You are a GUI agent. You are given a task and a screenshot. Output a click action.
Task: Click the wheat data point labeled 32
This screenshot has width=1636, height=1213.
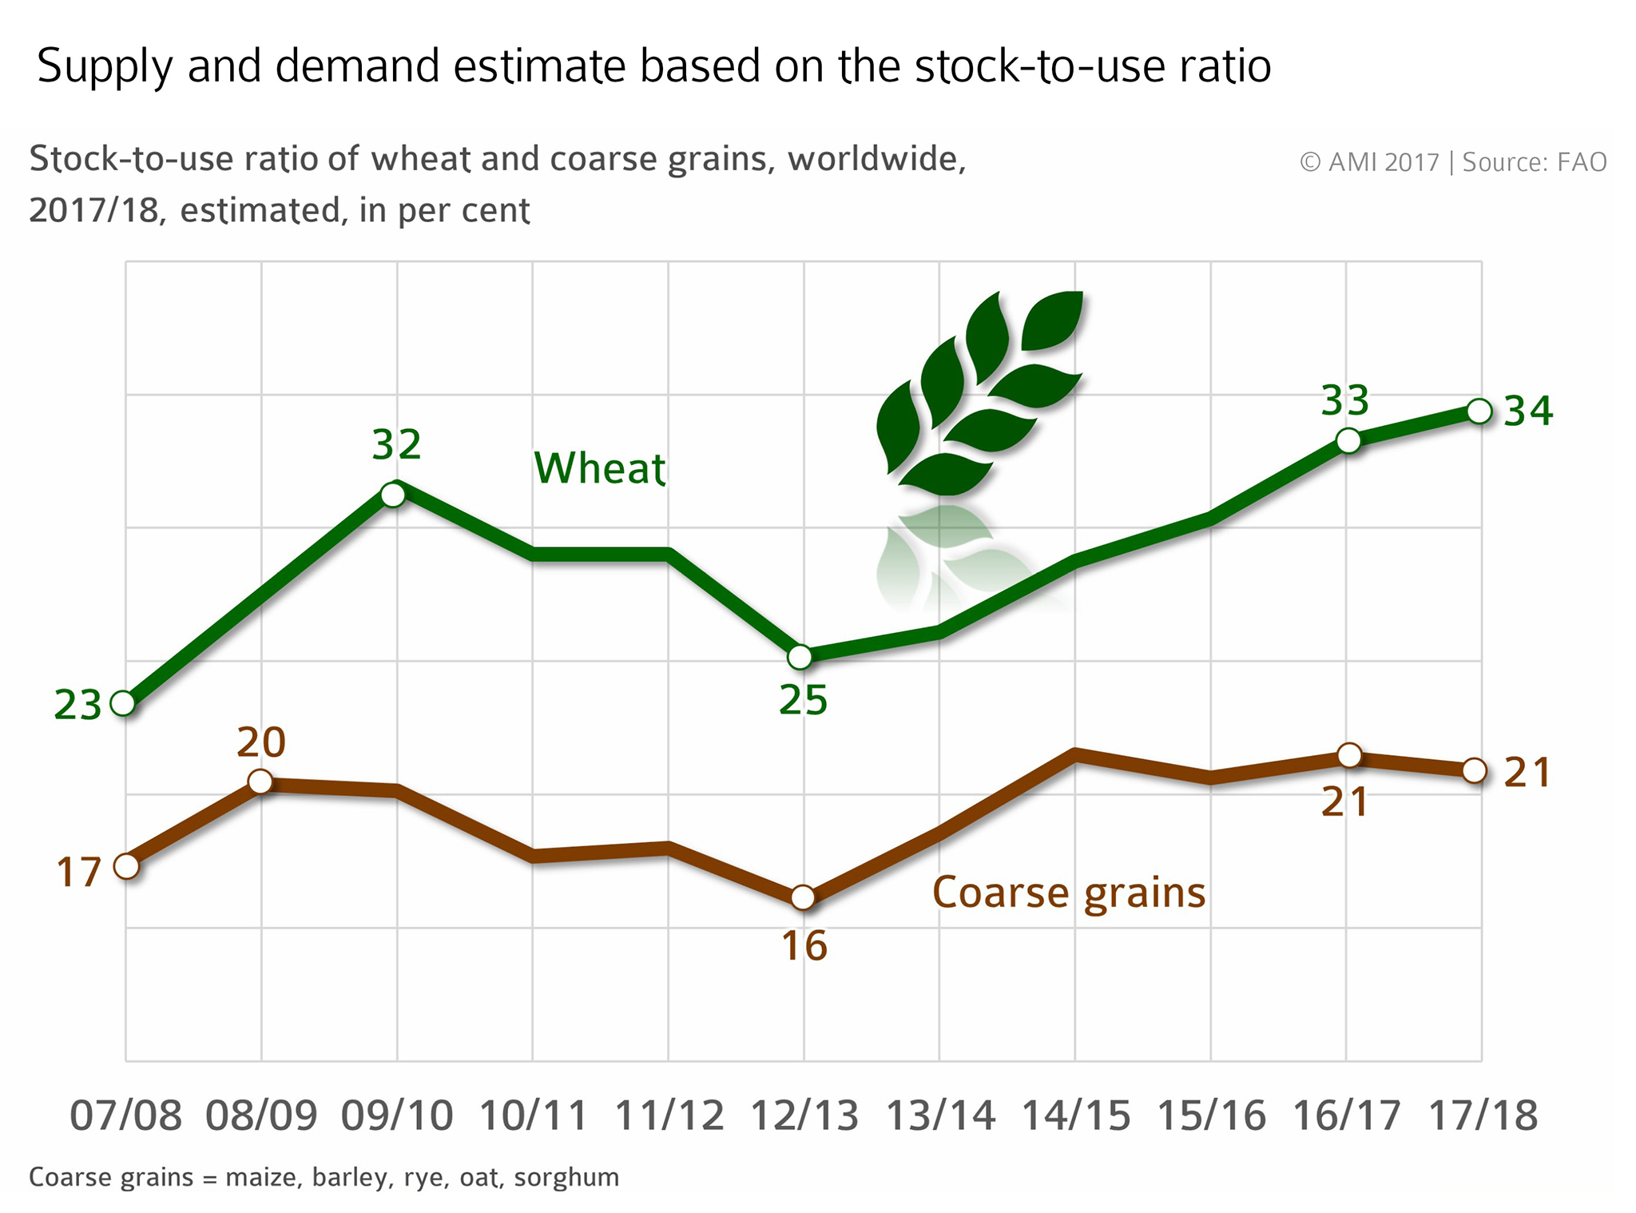[393, 494]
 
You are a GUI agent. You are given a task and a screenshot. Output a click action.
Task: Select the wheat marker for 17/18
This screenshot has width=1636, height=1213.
[1479, 412]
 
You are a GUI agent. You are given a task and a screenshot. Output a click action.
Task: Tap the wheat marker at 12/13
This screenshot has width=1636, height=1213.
[800, 657]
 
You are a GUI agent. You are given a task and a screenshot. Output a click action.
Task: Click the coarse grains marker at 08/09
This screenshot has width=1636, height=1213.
[260, 781]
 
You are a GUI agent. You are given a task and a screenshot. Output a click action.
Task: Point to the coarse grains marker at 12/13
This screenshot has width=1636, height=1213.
[803, 897]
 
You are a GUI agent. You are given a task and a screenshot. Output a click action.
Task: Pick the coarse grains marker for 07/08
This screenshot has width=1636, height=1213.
[126, 866]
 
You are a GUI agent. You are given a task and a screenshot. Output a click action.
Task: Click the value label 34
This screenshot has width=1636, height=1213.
[1527, 412]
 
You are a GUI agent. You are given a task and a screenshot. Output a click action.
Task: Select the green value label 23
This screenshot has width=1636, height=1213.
[77, 706]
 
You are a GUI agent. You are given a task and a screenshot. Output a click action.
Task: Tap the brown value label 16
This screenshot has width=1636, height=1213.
[804, 947]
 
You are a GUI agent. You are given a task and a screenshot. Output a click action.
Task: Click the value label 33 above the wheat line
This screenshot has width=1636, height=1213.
[1345, 400]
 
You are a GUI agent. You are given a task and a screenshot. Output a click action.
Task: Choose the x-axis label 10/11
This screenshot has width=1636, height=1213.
[533, 1116]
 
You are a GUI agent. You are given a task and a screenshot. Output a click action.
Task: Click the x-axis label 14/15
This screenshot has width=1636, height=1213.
[1076, 1116]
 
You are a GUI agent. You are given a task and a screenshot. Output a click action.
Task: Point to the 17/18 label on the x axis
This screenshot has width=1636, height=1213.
[1482, 1116]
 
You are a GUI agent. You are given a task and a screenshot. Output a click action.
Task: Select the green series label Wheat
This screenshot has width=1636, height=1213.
[599, 468]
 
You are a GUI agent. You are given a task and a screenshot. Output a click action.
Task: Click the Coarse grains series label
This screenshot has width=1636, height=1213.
[1069, 893]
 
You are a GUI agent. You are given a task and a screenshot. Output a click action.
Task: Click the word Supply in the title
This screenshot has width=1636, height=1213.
[105, 67]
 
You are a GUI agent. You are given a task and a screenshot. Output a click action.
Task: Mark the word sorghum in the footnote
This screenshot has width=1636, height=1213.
[566, 1177]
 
